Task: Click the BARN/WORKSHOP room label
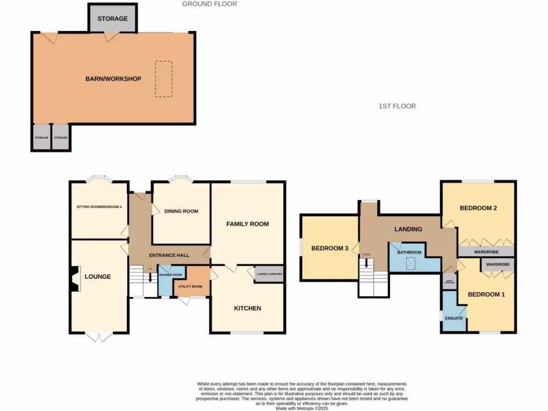[x=113, y=79]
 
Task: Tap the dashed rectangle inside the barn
[x=164, y=79]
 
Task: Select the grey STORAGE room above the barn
[x=112, y=19]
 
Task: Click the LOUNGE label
[x=98, y=277]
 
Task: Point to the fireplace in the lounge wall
[x=73, y=279]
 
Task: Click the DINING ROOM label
[x=181, y=211]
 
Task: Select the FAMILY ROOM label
[x=247, y=224]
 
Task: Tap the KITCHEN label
[x=247, y=308]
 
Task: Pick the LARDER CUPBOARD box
[x=269, y=274]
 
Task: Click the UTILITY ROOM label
[x=191, y=287]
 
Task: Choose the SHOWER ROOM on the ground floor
[x=171, y=275]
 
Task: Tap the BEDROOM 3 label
[x=330, y=248]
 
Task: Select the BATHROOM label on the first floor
[x=409, y=253]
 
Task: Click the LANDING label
[x=408, y=229]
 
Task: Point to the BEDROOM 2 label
[x=478, y=208]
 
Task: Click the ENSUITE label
[x=453, y=317]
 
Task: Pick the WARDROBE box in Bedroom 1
[x=498, y=264]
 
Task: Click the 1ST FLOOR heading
[x=397, y=106]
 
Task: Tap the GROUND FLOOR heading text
[x=209, y=4]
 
